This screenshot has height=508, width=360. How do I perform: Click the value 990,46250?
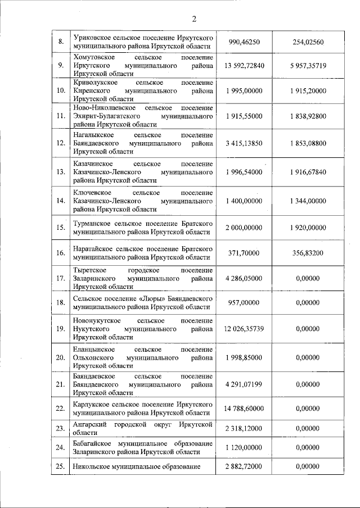tap(244, 42)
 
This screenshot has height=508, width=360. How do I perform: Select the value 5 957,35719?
tap(308, 66)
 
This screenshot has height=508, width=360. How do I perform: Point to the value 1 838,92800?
tap(308, 116)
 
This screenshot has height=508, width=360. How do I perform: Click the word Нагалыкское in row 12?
tap(93, 135)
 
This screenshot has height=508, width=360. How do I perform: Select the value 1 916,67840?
tap(308, 171)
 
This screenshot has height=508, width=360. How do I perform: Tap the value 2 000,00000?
tap(244, 227)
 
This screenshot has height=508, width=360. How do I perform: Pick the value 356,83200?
tap(308, 253)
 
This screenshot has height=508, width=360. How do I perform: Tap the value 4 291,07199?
tap(244, 384)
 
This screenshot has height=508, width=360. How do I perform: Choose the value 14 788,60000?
tap(244, 409)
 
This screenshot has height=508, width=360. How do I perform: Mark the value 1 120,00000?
tap(244, 448)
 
